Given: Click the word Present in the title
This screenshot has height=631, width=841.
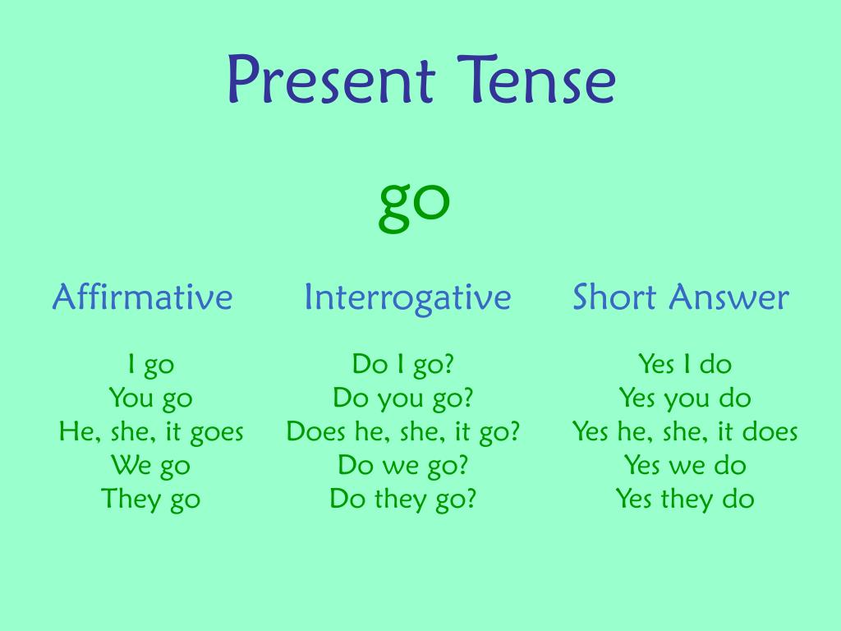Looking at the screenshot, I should tap(329, 81).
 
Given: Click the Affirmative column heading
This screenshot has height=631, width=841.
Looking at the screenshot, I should tap(142, 297).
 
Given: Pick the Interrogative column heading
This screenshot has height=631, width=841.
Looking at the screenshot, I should tap(407, 297).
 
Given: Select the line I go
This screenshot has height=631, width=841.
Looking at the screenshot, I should tap(151, 364).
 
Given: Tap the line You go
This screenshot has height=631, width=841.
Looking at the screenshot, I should tap(151, 398).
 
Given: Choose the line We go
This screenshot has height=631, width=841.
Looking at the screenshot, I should tap(151, 466).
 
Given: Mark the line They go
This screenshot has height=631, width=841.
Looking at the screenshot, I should tap(151, 500).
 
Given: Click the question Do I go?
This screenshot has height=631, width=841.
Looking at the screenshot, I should tap(403, 364).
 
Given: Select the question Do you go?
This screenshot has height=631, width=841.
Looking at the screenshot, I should tap(403, 398).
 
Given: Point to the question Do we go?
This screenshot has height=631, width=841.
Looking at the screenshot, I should tap(403, 466).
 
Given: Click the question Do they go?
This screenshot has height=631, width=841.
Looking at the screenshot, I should tap(403, 500).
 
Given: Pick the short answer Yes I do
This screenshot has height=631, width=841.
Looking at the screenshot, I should tap(685, 364).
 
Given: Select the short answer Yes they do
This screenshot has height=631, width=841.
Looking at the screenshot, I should tap(685, 500).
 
